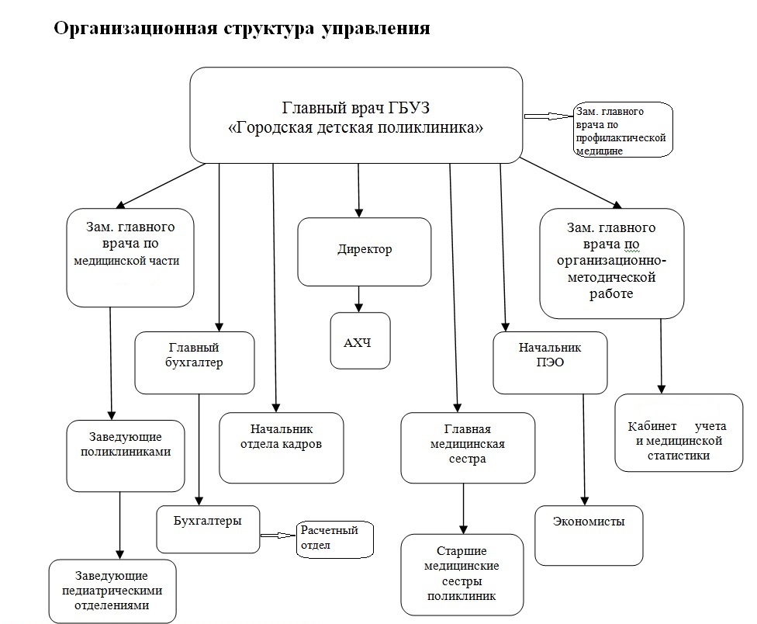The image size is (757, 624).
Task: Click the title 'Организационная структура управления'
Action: pyautogui.click(x=241, y=29)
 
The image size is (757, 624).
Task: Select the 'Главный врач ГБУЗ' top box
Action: pyautogui.click(x=356, y=116)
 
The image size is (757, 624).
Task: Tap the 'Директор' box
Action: pyautogui.click(x=364, y=251)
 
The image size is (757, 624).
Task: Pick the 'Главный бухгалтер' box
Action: pyautogui.click(x=194, y=362)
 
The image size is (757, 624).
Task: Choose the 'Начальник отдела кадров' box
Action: pyautogui.click(x=281, y=447)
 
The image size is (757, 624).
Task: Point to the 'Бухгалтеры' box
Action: pyautogui.click(x=208, y=529)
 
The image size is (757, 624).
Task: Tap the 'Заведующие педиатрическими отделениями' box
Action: pyautogui.click(x=112, y=591)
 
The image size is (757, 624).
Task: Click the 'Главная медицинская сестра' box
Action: pyautogui.click(x=467, y=448)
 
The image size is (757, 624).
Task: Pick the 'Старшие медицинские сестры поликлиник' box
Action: pyautogui.click(x=463, y=574)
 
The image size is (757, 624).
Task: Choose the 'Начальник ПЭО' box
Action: pyautogui.click(x=550, y=362)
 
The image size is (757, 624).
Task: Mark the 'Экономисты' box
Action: pyautogui.click(x=589, y=535)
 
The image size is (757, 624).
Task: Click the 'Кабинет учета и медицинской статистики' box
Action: pyautogui.click(x=679, y=432)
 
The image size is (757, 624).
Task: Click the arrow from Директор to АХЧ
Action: pyautogui.click(x=358, y=299)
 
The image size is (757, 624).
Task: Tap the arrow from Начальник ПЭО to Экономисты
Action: pyautogui.click(x=584, y=450)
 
